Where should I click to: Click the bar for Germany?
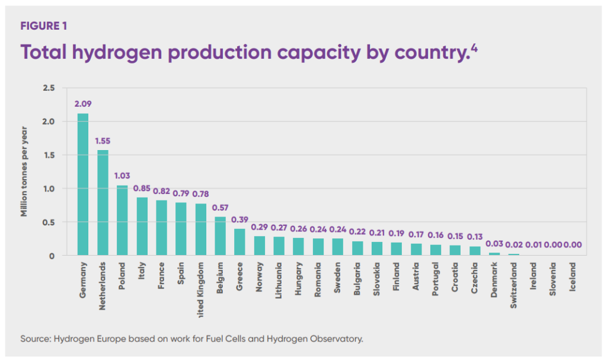82,184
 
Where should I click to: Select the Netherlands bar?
103,203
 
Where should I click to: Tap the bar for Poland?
122,220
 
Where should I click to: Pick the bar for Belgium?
220,236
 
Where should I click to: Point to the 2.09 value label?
83,103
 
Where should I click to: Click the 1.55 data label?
103,141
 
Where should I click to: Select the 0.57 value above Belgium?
220,208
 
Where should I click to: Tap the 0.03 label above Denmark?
494,244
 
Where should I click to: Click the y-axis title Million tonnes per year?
25,172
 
